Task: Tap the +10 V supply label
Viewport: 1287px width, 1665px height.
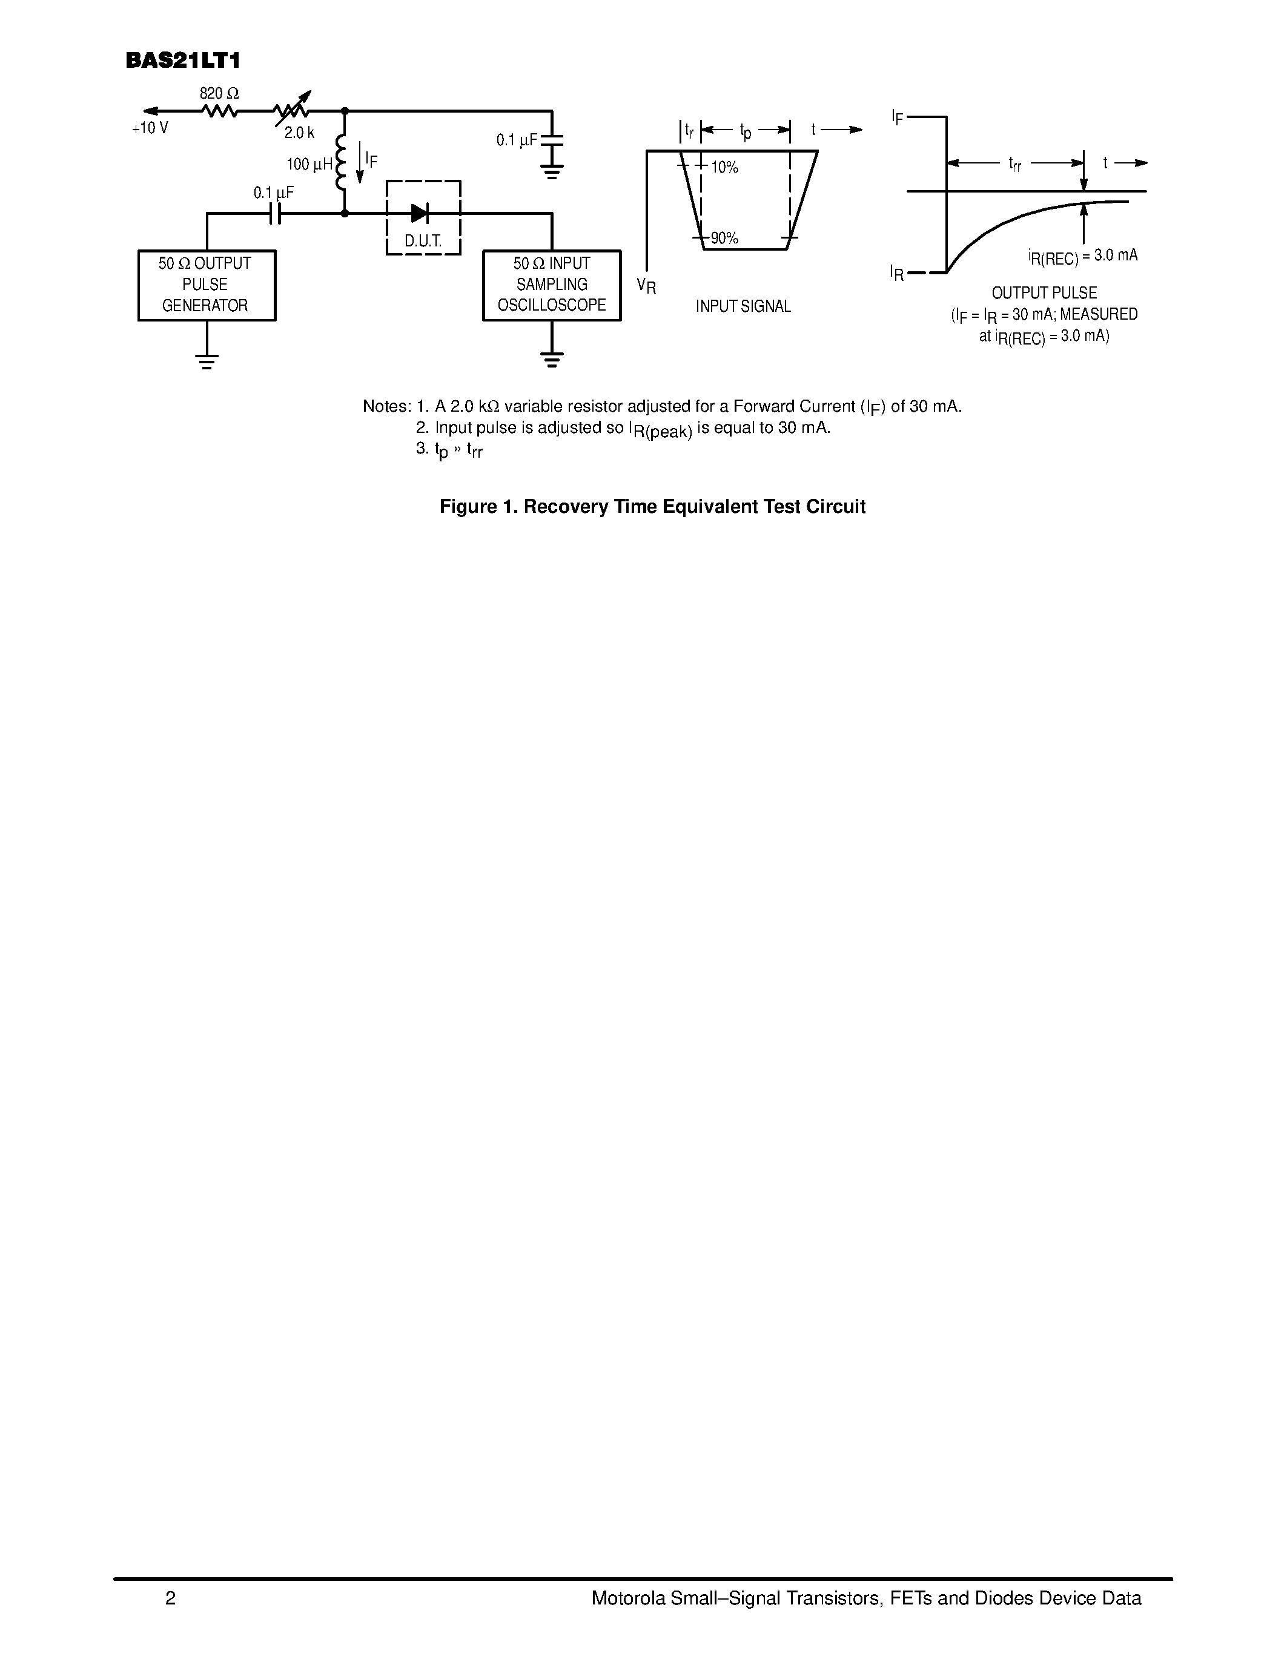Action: pyautogui.click(x=150, y=128)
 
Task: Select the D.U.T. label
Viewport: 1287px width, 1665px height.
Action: pyautogui.click(x=423, y=242)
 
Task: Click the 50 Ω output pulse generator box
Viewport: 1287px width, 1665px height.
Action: pyautogui.click(x=207, y=285)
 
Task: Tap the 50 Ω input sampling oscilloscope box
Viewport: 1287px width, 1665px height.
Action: pyautogui.click(x=552, y=285)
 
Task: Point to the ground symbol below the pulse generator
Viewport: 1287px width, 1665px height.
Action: pyautogui.click(x=207, y=361)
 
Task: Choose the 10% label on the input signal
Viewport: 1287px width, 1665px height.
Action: pyautogui.click(x=724, y=168)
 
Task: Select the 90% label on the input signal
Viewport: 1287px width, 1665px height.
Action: pyautogui.click(x=724, y=239)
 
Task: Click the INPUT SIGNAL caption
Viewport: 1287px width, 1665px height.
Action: pyautogui.click(x=743, y=306)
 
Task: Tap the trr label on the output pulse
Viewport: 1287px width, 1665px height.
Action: pyautogui.click(x=1015, y=164)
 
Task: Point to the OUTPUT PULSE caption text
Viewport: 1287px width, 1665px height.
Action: pyautogui.click(x=1045, y=294)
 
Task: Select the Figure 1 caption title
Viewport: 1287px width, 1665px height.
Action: pyautogui.click(x=653, y=507)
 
